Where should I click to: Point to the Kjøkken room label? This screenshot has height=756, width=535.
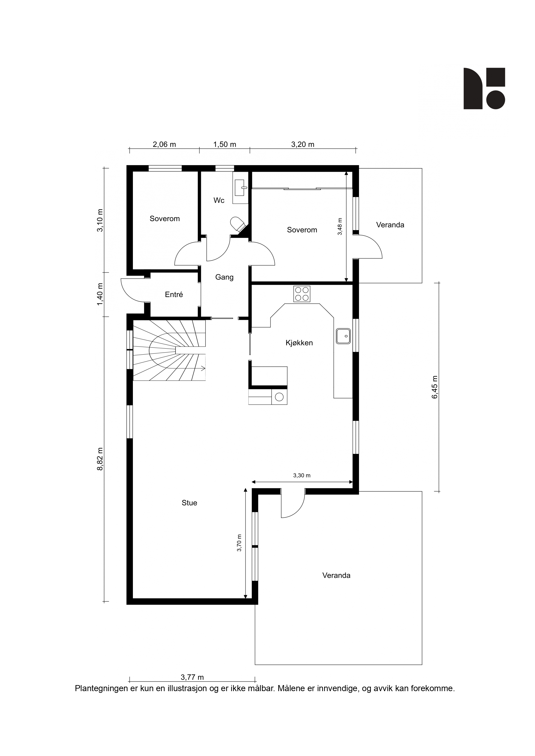(x=299, y=343)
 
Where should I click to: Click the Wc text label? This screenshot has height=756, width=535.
(x=219, y=200)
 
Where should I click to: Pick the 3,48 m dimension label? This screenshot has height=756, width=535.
(x=340, y=226)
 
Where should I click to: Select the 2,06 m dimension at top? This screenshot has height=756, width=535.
(x=164, y=144)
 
